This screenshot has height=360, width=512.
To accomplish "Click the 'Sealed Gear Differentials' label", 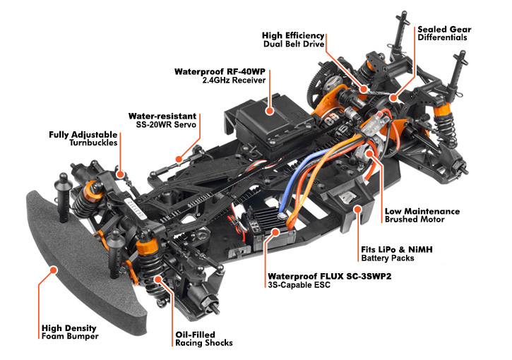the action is (444, 33).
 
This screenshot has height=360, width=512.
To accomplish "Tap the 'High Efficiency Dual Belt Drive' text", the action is (293, 40).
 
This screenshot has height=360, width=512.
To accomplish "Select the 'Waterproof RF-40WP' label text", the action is (220, 72).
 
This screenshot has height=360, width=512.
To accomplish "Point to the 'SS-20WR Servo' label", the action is (166, 124).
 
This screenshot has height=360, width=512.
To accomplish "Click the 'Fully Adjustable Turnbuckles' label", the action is (83, 138).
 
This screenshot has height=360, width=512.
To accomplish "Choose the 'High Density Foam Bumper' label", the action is (69, 332).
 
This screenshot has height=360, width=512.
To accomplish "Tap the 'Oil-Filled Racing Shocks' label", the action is (204, 338).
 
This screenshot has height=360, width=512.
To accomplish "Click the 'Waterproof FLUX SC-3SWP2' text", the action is (329, 276).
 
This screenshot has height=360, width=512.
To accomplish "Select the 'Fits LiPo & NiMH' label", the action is (397, 250).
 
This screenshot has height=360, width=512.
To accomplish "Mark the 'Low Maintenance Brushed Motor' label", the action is (422, 215).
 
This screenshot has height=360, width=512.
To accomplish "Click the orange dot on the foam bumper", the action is (53, 270).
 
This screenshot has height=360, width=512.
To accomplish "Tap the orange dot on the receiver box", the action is (269, 111).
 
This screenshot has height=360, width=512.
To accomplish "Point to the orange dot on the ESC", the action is (275, 232).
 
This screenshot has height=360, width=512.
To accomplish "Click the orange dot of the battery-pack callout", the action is (358, 209).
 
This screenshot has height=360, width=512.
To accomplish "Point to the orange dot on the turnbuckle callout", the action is (121, 174).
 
